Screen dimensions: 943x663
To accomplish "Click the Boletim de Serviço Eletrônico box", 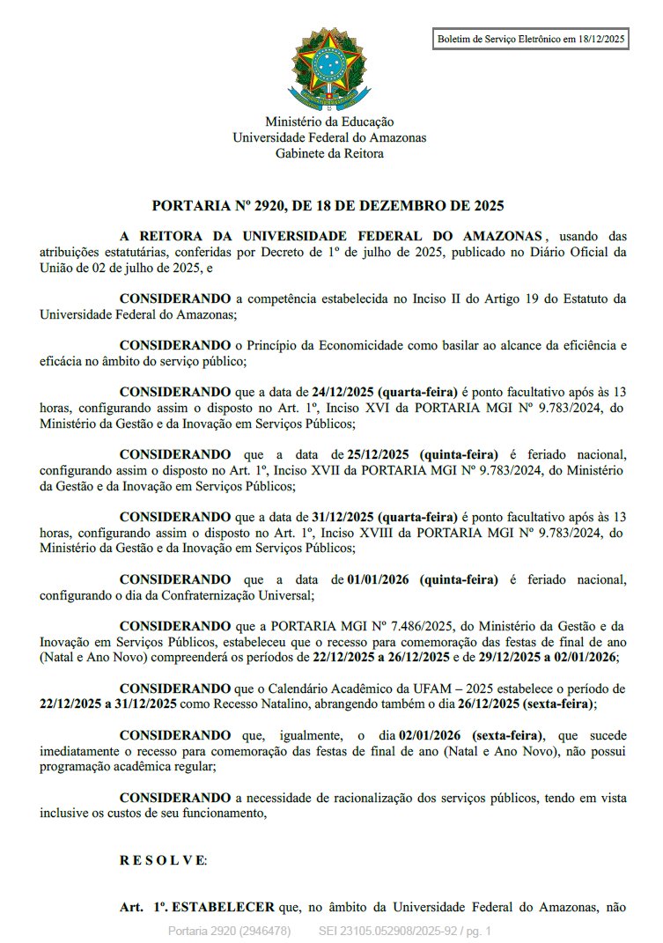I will point(531,39).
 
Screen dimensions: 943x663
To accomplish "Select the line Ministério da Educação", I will point(329,122).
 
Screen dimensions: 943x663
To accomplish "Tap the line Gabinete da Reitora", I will point(329,153).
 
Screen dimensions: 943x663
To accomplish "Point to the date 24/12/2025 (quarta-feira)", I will point(385,391).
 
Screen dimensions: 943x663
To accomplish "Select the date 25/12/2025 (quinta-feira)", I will point(423,454).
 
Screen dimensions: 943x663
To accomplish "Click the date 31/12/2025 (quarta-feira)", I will point(385,517).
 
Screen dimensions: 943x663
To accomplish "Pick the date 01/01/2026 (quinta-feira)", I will point(423,579).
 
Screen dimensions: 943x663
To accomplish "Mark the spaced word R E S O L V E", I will point(163,859).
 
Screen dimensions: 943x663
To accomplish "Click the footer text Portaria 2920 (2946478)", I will point(229,931).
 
